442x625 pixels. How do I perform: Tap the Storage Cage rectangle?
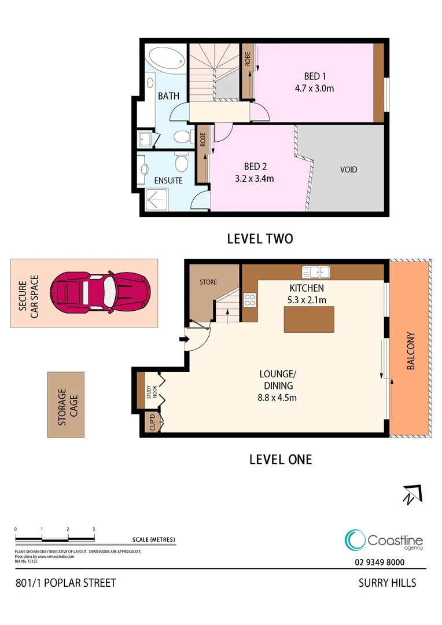tap(65, 405)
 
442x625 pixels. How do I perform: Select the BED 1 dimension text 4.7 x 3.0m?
tap(315, 89)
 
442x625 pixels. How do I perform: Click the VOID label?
tap(348, 170)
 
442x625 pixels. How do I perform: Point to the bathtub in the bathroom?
tap(167, 59)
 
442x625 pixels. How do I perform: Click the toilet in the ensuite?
tap(182, 163)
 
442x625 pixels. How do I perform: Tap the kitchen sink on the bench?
tap(315, 271)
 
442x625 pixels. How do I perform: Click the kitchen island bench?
tap(310, 319)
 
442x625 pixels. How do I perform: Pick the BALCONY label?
tap(410, 351)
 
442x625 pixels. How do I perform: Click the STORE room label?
tap(208, 282)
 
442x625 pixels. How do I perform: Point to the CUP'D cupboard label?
tap(153, 422)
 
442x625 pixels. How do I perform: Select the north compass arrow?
tap(412, 494)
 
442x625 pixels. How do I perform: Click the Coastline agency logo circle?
tap(354, 540)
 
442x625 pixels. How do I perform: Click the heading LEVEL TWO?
tap(260, 238)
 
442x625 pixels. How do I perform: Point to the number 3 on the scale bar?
tap(94, 529)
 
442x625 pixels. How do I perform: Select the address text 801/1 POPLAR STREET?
tap(65, 582)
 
